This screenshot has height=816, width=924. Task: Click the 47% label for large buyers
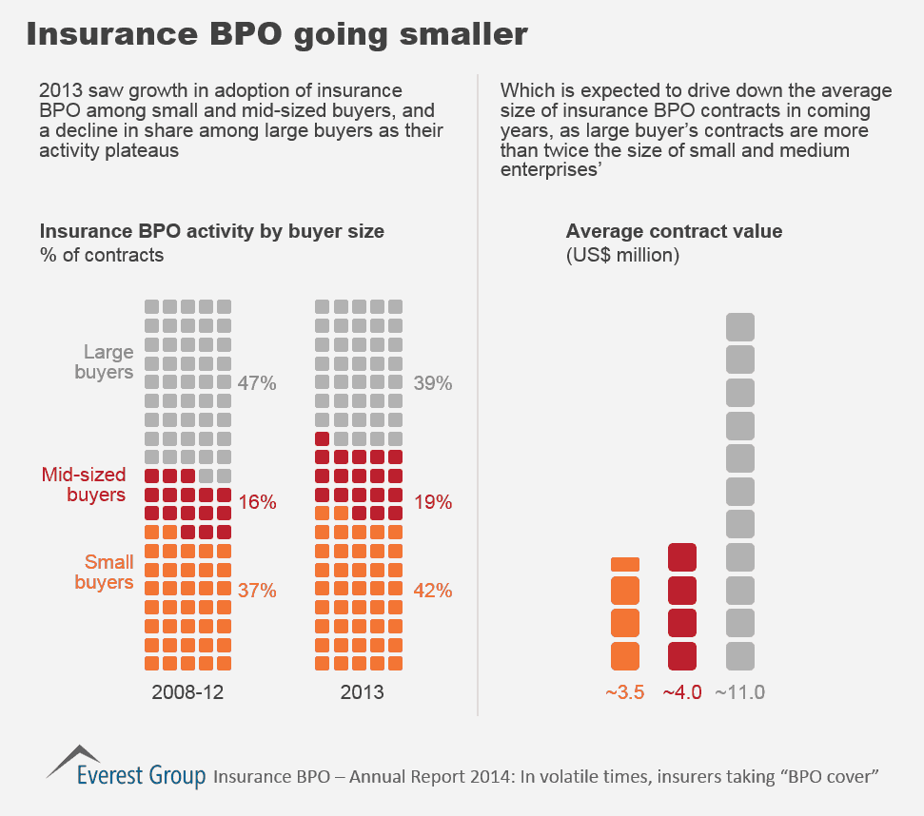pyautogui.click(x=257, y=384)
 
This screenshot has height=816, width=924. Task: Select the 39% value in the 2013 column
pyautogui.click(x=433, y=384)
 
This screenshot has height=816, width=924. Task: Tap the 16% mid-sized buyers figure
pyautogui.click(x=257, y=502)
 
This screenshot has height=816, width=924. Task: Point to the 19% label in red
pyautogui.click(x=433, y=502)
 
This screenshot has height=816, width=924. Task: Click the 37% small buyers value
pyautogui.click(x=257, y=591)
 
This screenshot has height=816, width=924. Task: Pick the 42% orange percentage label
pyautogui.click(x=433, y=591)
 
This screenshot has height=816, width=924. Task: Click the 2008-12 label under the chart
pyautogui.click(x=187, y=692)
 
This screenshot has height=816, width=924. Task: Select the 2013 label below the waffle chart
pyautogui.click(x=363, y=692)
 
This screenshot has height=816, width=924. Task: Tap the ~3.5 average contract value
pyautogui.click(x=625, y=692)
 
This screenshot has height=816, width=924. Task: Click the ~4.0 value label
pyautogui.click(x=681, y=692)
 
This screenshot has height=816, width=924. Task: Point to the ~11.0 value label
pyautogui.click(x=740, y=692)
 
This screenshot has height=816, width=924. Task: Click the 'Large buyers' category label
pyautogui.click(x=104, y=362)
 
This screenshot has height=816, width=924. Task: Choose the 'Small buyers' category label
pyautogui.click(x=104, y=573)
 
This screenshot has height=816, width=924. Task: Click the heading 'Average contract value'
pyautogui.click(x=674, y=231)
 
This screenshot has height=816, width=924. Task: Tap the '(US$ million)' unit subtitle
pyautogui.click(x=622, y=256)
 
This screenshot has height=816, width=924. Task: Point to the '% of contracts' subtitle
pyautogui.click(x=101, y=255)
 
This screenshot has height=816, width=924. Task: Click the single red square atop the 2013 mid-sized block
pyautogui.click(x=322, y=438)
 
